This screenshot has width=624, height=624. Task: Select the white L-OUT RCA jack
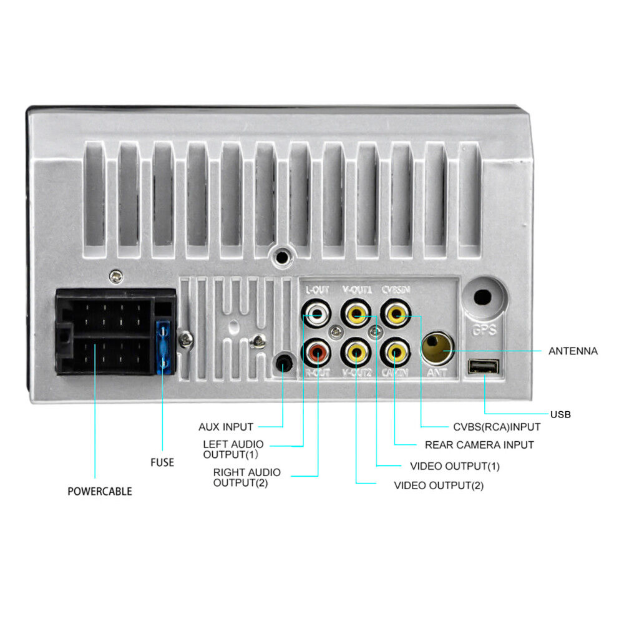pyautogui.click(x=317, y=314)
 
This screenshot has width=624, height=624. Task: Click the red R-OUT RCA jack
pyautogui.click(x=317, y=353)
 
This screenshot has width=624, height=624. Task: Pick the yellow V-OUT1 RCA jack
pyautogui.click(x=356, y=314)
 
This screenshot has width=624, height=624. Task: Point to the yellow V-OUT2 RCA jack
pyautogui.click(x=356, y=353)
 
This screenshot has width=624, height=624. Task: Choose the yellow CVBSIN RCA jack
pyautogui.click(x=395, y=314)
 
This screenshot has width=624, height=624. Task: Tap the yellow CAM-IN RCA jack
pyautogui.click(x=395, y=353)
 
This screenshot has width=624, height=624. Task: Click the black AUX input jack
pyautogui.click(x=284, y=363)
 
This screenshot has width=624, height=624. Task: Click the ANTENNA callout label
pyautogui.click(x=573, y=351)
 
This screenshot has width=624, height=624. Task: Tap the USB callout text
pyautogui.click(x=560, y=414)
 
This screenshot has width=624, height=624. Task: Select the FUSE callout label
pyautogui.click(x=162, y=462)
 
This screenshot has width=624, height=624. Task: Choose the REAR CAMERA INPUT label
pyautogui.click(x=479, y=445)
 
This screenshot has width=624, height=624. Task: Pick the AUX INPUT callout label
pyautogui.click(x=226, y=427)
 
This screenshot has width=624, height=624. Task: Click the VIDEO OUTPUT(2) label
pyautogui.click(x=439, y=485)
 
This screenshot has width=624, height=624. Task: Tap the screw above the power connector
pyautogui.click(x=116, y=277)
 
